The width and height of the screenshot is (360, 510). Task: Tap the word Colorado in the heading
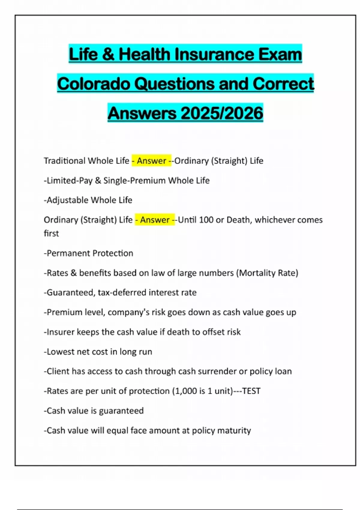(93, 84)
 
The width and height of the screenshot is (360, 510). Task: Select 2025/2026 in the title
(222, 113)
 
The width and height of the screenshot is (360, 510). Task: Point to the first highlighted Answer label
(151, 161)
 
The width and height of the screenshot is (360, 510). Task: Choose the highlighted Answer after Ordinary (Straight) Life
(155, 220)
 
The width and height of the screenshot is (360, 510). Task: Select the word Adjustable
(67, 200)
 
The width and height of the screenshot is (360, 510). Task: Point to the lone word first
(51, 233)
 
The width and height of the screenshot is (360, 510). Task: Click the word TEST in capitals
(251, 391)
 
